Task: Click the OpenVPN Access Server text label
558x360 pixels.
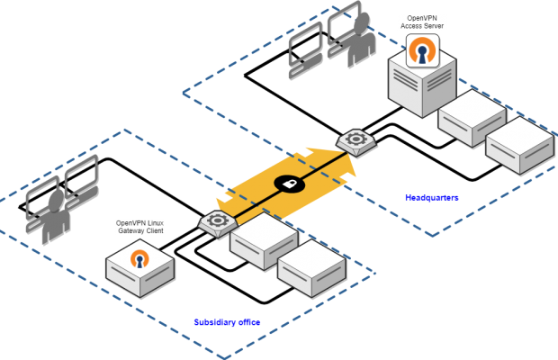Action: pyautogui.click(x=422, y=22)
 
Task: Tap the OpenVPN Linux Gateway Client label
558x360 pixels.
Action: pyautogui.click(x=139, y=227)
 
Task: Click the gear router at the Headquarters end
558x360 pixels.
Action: pyautogui.click(x=355, y=140)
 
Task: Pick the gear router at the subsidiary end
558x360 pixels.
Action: pyautogui.click(x=217, y=221)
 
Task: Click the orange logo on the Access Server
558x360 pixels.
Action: pyautogui.click(x=422, y=51)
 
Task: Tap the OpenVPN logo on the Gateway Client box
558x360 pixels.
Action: pyautogui.click(x=139, y=258)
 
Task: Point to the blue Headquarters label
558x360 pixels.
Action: pyautogui.click(x=432, y=197)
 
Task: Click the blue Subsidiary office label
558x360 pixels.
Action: pyautogui.click(x=227, y=321)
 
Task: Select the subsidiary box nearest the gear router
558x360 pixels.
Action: pyautogui.click(x=264, y=239)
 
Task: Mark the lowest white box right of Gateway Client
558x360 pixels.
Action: pyautogui.click(x=311, y=267)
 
